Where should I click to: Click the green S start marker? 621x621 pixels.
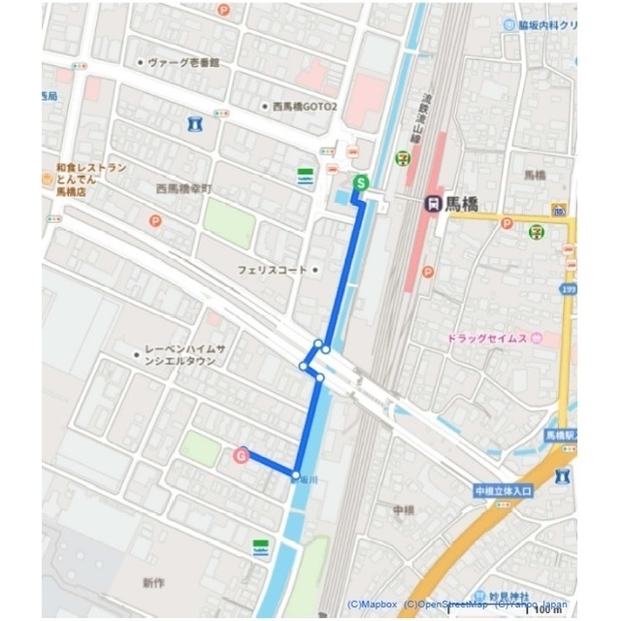pos(361,181)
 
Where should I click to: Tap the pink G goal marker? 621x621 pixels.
pos(241,453)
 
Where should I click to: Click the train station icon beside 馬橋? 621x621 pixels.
pos(433,204)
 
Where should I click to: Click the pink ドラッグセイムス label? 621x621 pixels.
pos(492,339)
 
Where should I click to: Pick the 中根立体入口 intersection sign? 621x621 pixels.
pos(505,491)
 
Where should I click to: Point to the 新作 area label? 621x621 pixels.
pos(153,582)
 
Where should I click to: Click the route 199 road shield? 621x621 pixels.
pos(569,290)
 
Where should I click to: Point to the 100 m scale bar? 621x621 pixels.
pos(544,609)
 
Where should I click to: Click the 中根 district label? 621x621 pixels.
pos(404,508)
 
